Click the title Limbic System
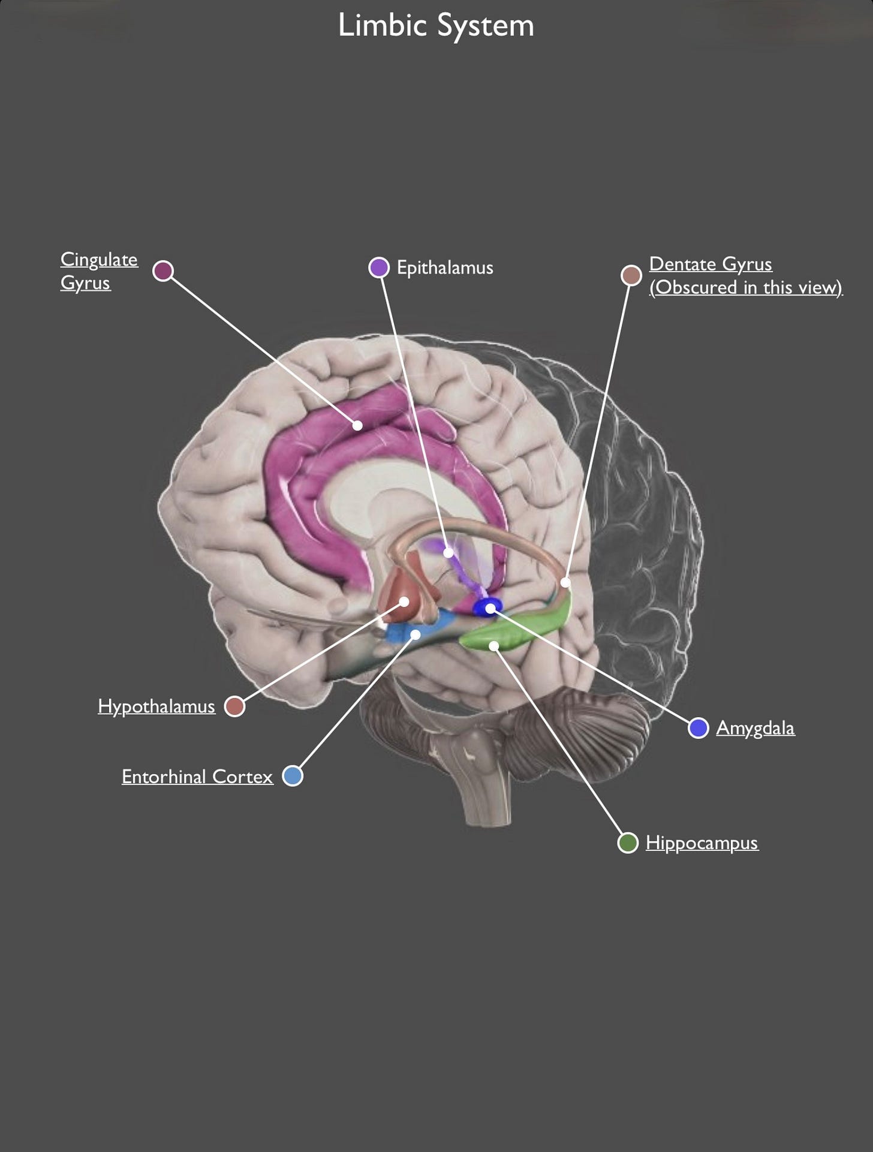pyautogui.click(x=436, y=26)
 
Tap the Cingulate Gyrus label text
pyautogui.click(x=99, y=270)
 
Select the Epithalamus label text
pyautogui.click(x=445, y=267)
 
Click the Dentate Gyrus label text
pyautogui.click(x=745, y=276)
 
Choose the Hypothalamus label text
pyautogui.click(x=156, y=706)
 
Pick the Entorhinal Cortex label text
pyautogui.click(x=197, y=777)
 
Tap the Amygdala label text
pyautogui.click(x=755, y=728)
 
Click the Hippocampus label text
pyautogui.click(x=702, y=843)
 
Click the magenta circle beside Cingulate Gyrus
pyautogui.click(x=163, y=270)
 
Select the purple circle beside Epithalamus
pyautogui.click(x=379, y=267)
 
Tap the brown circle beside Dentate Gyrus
pyautogui.click(x=631, y=275)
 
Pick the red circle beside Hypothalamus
pyautogui.click(x=234, y=706)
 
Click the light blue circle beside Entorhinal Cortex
pyautogui.click(x=293, y=776)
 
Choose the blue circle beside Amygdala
pyautogui.click(x=699, y=728)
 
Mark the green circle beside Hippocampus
pyautogui.click(x=628, y=843)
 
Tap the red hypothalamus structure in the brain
pyautogui.click(x=399, y=594)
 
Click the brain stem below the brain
pyautogui.click(x=486, y=792)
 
